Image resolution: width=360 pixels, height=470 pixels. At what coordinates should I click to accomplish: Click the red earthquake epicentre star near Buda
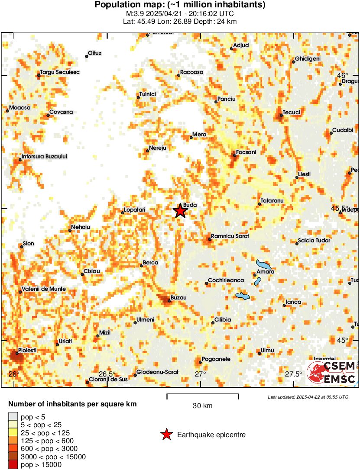click(x=180, y=211)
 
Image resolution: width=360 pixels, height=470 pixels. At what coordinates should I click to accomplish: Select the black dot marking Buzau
click(x=169, y=301)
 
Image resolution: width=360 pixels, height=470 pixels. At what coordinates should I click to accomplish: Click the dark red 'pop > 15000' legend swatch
click(x=13, y=465)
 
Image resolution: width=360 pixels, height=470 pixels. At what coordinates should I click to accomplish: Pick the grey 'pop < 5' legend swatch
click(x=13, y=417)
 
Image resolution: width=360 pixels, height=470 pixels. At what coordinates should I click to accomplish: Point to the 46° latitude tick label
click(x=343, y=75)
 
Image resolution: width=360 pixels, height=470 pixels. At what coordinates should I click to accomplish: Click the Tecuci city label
click(x=292, y=113)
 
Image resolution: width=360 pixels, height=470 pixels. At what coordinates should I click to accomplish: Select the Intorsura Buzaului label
click(x=45, y=156)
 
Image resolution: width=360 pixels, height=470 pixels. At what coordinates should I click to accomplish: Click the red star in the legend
click(x=166, y=435)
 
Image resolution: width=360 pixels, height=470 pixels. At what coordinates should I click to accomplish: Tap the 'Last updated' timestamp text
click(x=308, y=397)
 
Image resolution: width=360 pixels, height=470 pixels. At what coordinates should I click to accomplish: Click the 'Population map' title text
click(x=180, y=5)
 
